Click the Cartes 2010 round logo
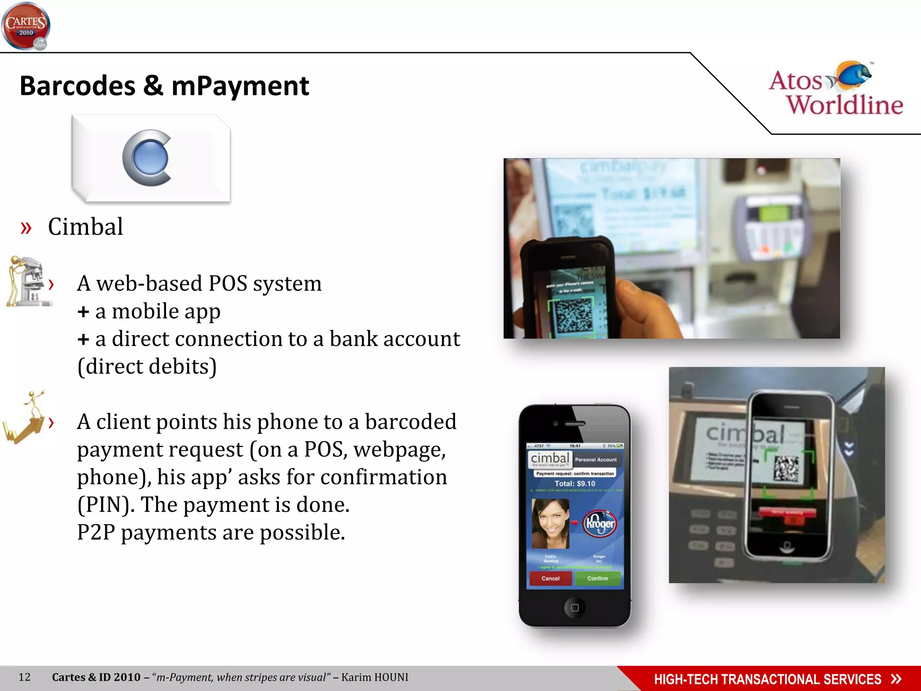(26, 26)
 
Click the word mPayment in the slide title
(240, 86)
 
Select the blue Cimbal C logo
(147, 158)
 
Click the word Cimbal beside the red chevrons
(85, 227)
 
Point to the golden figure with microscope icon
(28, 282)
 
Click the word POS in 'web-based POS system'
(228, 284)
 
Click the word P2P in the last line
(96, 533)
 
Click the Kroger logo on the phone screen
(599, 523)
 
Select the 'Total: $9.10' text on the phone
(575, 484)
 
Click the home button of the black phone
(574, 608)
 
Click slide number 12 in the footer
(25, 678)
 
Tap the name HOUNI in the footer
(390, 678)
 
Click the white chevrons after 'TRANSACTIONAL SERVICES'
(896, 679)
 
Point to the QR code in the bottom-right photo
(786, 469)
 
